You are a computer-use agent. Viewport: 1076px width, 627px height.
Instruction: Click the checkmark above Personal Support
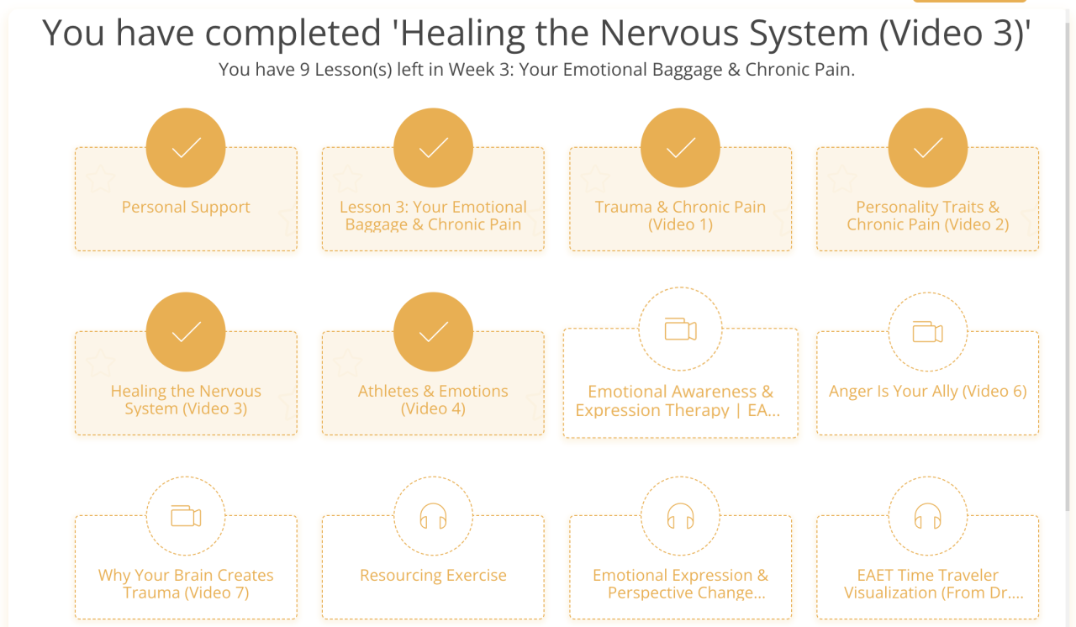coord(186,149)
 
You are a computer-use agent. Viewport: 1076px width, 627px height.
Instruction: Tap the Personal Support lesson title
coord(186,208)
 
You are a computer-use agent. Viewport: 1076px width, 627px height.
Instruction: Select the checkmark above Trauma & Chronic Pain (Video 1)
coord(680,149)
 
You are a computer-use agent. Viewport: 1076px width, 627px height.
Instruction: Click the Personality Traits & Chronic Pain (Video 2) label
coord(927,216)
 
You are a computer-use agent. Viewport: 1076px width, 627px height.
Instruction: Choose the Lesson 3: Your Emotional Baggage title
coord(433,216)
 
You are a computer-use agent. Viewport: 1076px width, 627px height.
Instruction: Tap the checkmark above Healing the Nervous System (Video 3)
coord(186,333)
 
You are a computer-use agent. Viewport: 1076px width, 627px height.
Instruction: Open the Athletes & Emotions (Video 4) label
coord(433,400)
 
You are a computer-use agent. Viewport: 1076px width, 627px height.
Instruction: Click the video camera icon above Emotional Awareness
coord(680,330)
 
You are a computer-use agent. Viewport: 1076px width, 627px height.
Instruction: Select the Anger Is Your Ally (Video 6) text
coord(927,391)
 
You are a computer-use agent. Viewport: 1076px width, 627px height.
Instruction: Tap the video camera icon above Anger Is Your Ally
coord(927,332)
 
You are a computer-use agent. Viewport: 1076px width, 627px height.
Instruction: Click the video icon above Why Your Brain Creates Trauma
coord(186,516)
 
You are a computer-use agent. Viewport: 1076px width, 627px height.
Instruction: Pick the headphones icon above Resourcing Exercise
coord(433,516)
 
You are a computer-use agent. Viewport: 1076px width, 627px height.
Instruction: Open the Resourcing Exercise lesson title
coord(433,576)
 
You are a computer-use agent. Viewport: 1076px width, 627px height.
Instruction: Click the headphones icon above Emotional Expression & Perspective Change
coord(680,516)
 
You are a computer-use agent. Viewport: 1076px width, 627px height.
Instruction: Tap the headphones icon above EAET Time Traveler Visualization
coord(927,516)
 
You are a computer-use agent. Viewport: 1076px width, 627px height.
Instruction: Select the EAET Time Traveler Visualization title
coord(927,584)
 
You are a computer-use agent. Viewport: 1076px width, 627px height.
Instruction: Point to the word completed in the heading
coord(293,34)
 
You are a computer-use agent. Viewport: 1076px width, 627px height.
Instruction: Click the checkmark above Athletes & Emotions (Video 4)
coord(433,333)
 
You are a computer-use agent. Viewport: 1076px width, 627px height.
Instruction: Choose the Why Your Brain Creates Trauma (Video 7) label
coord(186,584)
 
